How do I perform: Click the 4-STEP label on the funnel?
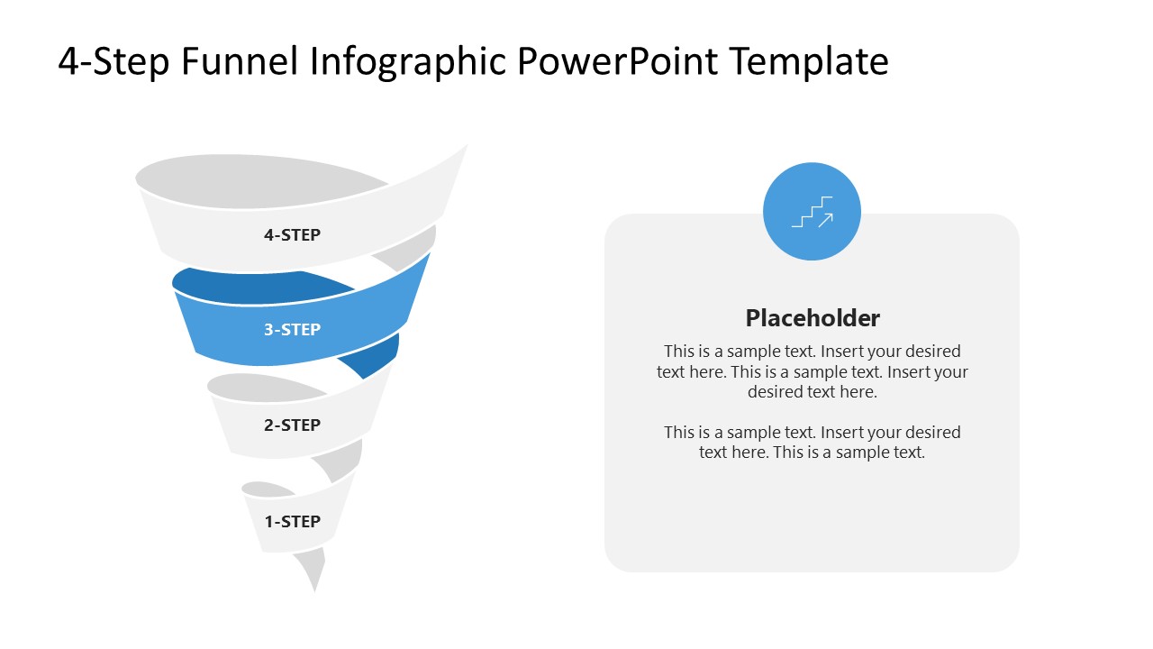(x=292, y=235)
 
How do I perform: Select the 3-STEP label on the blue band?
(x=292, y=330)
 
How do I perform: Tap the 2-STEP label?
(x=292, y=425)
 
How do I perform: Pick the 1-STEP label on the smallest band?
(x=292, y=521)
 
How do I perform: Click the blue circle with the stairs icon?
(x=812, y=212)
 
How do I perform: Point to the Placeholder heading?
(x=812, y=317)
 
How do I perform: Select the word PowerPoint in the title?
(x=618, y=61)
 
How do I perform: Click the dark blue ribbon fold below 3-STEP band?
(x=374, y=358)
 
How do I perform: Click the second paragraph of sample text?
(x=812, y=442)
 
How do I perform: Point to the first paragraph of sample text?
(x=812, y=371)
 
